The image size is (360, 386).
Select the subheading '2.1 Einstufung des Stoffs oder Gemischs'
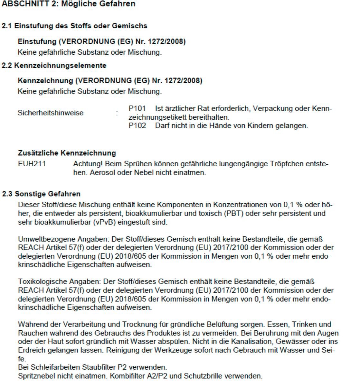75,26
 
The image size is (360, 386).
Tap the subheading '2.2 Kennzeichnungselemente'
54,66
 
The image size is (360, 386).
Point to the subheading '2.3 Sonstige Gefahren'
41,194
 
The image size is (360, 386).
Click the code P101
137,109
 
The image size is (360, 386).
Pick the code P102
137,126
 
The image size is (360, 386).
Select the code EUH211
32,164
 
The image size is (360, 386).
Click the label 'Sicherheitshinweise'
51,113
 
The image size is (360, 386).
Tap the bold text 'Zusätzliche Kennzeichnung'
67,153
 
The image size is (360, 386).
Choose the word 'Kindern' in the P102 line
260,126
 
